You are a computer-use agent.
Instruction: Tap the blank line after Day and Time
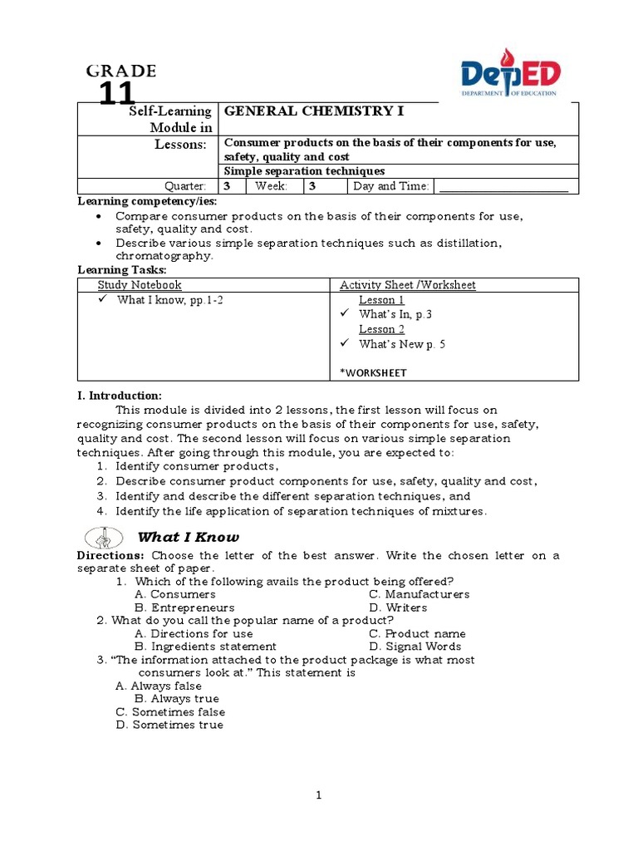click(503, 186)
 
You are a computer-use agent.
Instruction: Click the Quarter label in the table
click(187, 186)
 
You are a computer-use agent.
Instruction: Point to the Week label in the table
click(271, 186)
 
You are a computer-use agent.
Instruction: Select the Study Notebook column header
click(140, 285)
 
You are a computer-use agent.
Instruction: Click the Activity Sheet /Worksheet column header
click(407, 285)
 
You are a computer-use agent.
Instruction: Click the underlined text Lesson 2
click(381, 329)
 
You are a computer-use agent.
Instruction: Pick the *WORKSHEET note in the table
click(373, 372)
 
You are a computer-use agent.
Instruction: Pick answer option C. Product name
click(417, 633)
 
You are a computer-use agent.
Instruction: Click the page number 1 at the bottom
click(318, 796)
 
